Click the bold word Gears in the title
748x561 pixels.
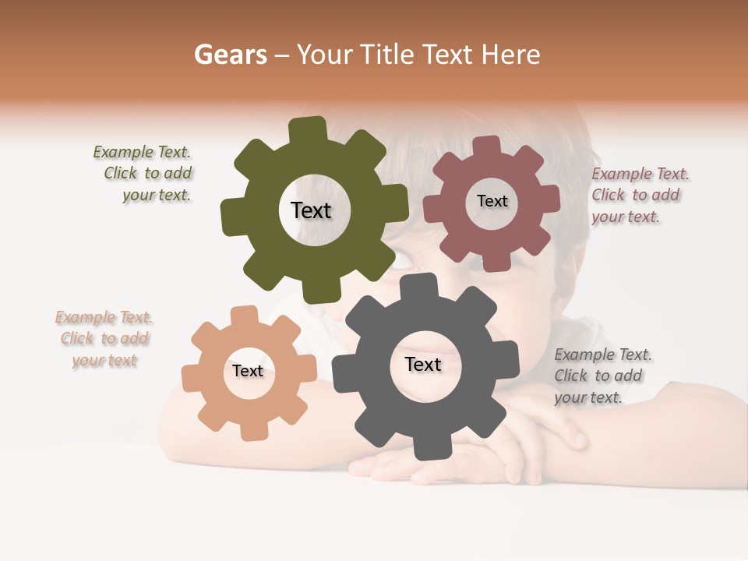[230, 55]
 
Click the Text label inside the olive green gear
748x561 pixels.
[311, 210]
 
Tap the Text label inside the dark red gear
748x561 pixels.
[492, 201]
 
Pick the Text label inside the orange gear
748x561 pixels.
[248, 372]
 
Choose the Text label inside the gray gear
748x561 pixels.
[423, 365]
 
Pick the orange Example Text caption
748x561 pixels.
[104, 339]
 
